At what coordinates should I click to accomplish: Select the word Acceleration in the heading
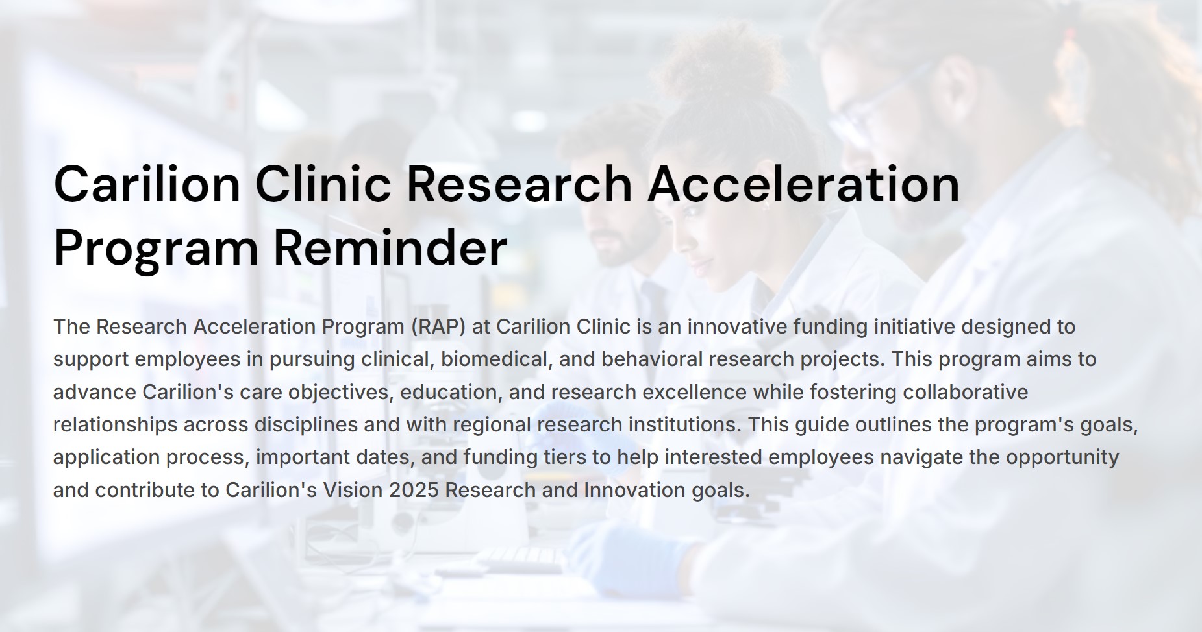[803, 184]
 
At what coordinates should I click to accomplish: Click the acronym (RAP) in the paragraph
[438, 326]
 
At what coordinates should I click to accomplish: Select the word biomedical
[497, 359]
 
